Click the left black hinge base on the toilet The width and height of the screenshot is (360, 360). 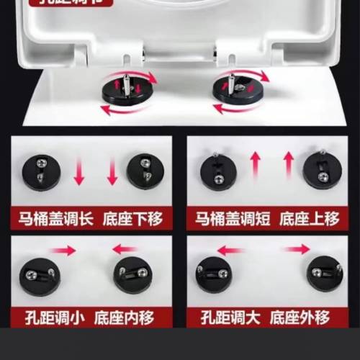[x=123, y=91]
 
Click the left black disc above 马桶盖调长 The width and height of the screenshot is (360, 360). [x=40, y=171]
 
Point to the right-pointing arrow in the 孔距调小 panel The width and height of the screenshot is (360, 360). [x=63, y=251]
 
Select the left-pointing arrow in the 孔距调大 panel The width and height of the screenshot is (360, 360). [x=232, y=251]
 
